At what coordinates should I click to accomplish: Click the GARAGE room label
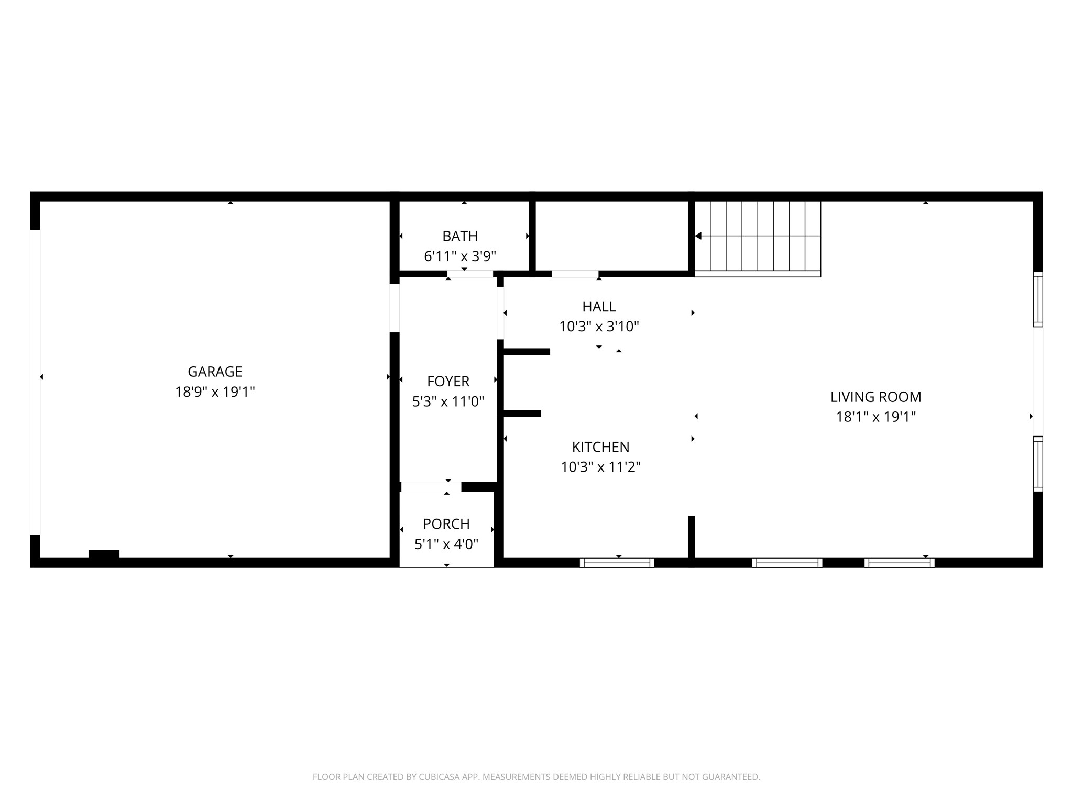coord(215,372)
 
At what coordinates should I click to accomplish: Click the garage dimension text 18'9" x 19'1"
coord(215,392)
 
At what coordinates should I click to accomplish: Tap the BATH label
coord(460,236)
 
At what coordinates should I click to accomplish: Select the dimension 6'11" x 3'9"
coord(460,256)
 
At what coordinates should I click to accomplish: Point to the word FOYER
coord(448,381)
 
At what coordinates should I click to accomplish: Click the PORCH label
coord(446,524)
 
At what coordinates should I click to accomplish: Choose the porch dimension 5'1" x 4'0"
coord(446,544)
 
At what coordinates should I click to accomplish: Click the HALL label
coord(599,307)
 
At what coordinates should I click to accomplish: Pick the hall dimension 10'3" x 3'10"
coord(599,327)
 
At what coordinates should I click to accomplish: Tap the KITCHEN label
coord(600,447)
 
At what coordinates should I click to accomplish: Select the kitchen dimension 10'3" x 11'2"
coord(600,467)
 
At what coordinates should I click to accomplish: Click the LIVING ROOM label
coord(875,397)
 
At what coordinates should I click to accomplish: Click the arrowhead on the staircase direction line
coord(698,236)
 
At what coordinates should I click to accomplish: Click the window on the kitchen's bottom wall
coord(617,563)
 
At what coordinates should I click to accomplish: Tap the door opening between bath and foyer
coord(470,274)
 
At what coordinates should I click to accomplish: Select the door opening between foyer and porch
coord(431,487)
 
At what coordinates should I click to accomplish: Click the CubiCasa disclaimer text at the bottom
coord(536,777)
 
